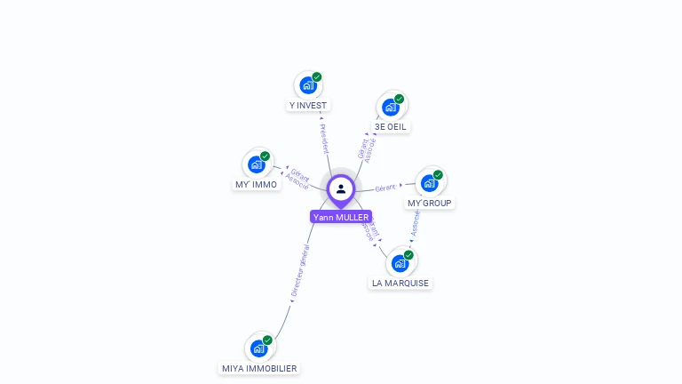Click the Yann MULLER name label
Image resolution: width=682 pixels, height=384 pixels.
pyautogui.click(x=341, y=217)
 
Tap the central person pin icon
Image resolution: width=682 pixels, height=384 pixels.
pyautogui.click(x=341, y=188)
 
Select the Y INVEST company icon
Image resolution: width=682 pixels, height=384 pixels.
pyautogui.click(x=307, y=85)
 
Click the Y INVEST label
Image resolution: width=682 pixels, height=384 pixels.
pyautogui.click(x=308, y=105)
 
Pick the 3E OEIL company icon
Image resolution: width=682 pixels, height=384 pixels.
pyautogui.click(x=390, y=108)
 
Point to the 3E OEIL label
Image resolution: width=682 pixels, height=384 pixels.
pyautogui.click(x=391, y=126)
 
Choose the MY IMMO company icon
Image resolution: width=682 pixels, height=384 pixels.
pyautogui.click(x=257, y=164)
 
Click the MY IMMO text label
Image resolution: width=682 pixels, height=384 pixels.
pyautogui.click(x=257, y=185)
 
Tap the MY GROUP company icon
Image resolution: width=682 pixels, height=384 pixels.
pyautogui.click(x=430, y=183)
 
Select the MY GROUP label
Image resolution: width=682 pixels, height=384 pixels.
pyautogui.click(x=430, y=203)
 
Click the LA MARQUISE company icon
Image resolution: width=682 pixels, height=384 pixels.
pyautogui.click(x=400, y=263)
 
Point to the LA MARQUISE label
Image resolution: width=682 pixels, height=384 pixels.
pyautogui.click(x=400, y=283)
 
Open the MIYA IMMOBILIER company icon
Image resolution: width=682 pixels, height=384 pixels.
pyautogui.click(x=258, y=348)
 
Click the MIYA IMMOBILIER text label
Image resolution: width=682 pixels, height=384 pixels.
pyautogui.click(x=259, y=368)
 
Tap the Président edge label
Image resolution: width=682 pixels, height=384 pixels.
pyautogui.click(x=323, y=138)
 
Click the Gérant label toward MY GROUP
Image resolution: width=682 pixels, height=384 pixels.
pyautogui.click(x=385, y=188)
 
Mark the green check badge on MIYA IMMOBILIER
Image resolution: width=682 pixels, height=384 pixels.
pyautogui.click(x=267, y=340)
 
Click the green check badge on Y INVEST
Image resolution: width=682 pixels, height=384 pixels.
pyautogui.click(x=317, y=77)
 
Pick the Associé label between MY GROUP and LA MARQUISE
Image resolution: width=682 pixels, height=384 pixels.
pyautogui.click(x=415, y=223)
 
